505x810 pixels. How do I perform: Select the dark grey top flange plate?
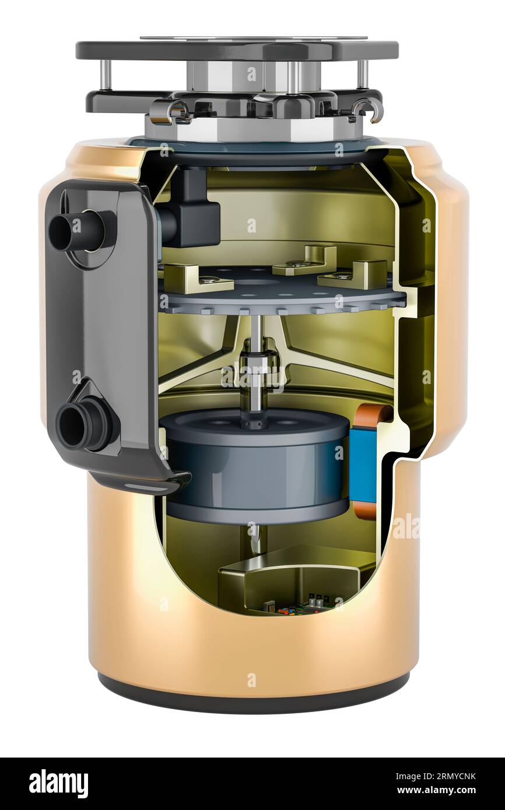[x=237, y=50]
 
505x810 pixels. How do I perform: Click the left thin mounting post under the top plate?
[x=106, y=75]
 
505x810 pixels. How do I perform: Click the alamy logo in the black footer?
[x=58, y=784]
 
